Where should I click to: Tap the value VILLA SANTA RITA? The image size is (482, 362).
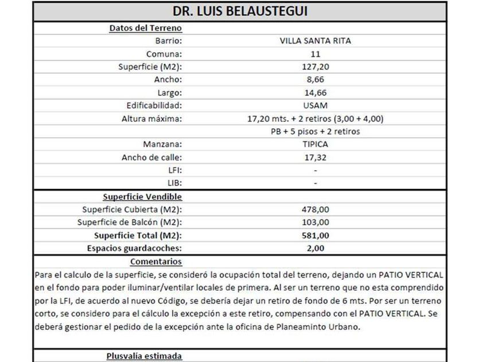click(x=316, y=41)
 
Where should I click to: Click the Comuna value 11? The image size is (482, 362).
click(x=316, y=54)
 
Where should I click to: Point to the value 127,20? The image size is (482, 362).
click(x=316, y=67)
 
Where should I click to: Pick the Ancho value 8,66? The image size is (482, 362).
click(x=316, y=80)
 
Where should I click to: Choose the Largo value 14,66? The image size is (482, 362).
click(x=316, y=93)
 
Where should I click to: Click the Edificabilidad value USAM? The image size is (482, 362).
click(x=316, y=106)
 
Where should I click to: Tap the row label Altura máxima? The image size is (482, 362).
click(x=151, y=118)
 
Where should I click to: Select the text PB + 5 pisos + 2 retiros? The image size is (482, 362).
click(x=316, y=132)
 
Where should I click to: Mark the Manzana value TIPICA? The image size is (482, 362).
click(x=316, y=144)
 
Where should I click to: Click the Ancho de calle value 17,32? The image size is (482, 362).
click(x=316, y=157)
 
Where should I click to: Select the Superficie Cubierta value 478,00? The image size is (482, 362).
click(x=316, y=209)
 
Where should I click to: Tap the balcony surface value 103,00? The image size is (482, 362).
click(x=316, y=222)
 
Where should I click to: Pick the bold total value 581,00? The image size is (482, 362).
click(x=316, y=235)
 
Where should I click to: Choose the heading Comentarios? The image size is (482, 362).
click(x=156, y=261)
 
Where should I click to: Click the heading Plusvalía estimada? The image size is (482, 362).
click(x=144, y=356)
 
